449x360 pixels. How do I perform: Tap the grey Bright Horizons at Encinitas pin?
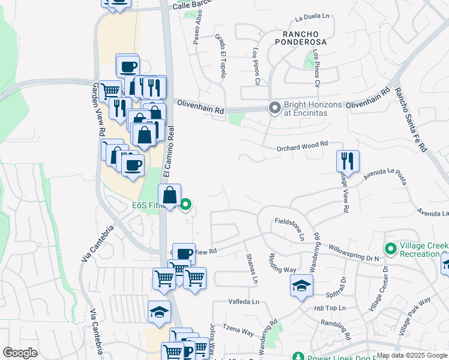coord(275,109)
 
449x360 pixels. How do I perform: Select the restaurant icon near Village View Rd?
coord(348,161)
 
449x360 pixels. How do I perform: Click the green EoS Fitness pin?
coord(186,206)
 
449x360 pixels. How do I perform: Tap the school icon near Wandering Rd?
coord(301,286)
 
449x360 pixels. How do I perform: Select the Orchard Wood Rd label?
coord(302,145)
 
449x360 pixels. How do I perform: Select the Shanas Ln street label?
coord(252,268)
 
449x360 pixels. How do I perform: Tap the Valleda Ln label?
coord(243,302)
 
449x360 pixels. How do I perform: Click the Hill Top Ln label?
coord(331,308)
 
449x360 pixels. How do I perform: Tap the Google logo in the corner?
coord(20,353)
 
